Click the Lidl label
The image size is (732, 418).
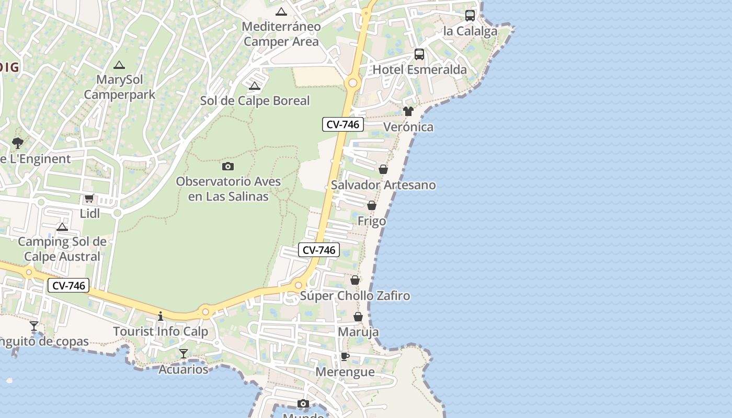coord(90,213)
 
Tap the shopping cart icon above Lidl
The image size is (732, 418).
coord(89,199)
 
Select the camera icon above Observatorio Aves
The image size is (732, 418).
coord(228,167)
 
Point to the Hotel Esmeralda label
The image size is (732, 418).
coord(419,69)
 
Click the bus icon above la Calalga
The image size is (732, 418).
coord(470,16)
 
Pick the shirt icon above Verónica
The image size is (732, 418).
coord(408,111)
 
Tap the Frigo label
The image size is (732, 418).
coord(372,221)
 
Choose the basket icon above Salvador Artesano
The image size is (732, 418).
coord(383,169)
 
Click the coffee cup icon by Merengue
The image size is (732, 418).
coord(345,357)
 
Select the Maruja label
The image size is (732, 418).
coord(358,332)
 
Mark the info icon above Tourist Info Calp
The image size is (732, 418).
coord(161,316)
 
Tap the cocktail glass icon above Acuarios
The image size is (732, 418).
coord(184,354)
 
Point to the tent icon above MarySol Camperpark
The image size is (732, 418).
coord(119,65)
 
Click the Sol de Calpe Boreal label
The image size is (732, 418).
coord(255,101)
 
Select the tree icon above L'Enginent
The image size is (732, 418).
coord(18,143)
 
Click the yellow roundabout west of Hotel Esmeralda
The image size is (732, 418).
coord(352,82)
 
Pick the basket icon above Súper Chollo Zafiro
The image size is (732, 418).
coord(355,281)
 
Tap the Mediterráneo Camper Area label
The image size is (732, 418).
coord(281,34)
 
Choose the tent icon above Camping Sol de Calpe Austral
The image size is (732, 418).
coord(62,227)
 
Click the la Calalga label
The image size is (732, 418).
coord(470,31)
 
